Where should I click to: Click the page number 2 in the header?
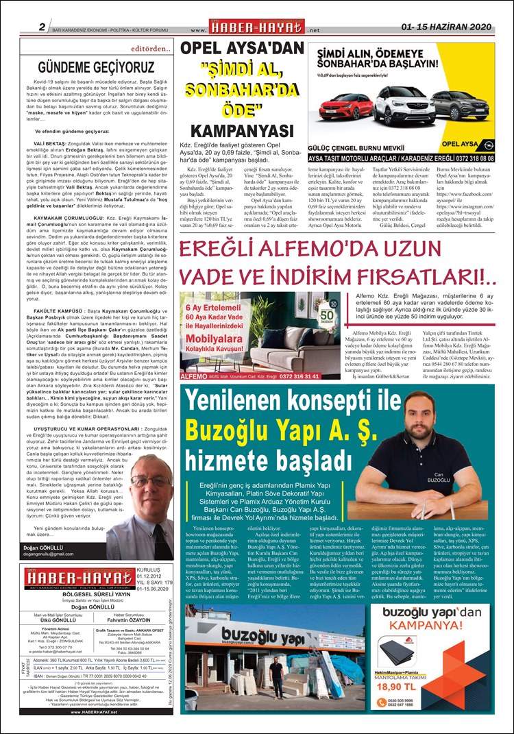point(42,27)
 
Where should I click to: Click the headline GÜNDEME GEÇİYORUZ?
point(96,67)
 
